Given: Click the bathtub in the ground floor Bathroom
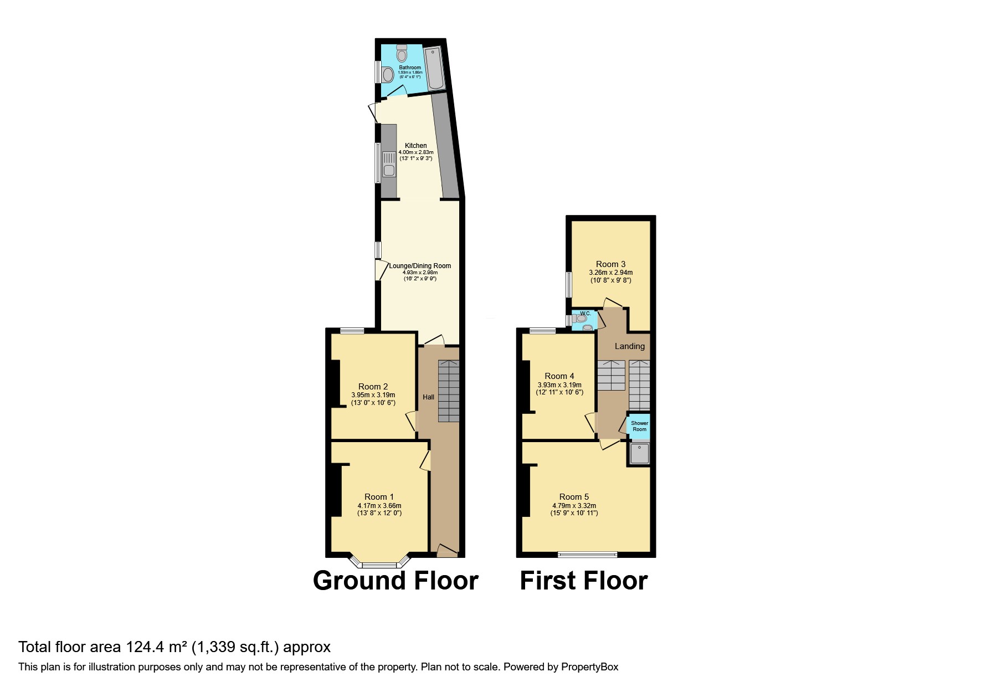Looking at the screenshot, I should [434, 68].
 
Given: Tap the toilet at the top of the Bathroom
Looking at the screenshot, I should [402, 53].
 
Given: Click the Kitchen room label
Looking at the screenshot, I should [415, 146].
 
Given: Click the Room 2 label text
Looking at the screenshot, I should [373, 387].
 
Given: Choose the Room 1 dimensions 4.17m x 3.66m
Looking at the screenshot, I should [379, 505].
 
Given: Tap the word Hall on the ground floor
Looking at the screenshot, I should [428, 397].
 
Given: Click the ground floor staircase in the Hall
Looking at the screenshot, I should [449, 391].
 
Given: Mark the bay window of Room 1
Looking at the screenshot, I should [380, 564].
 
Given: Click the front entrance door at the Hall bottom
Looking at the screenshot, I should [447, 551].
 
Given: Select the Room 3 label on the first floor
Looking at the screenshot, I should [610, 264].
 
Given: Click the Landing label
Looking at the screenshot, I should [630, 346].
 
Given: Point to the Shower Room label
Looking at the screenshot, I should [639, 426].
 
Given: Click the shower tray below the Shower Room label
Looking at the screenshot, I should [639, 454].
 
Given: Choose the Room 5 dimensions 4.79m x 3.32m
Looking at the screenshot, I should [574, 505].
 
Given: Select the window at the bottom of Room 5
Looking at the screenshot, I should [587, 554].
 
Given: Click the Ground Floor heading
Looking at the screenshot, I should [396, 581].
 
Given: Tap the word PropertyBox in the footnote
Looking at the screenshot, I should [590, 667].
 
